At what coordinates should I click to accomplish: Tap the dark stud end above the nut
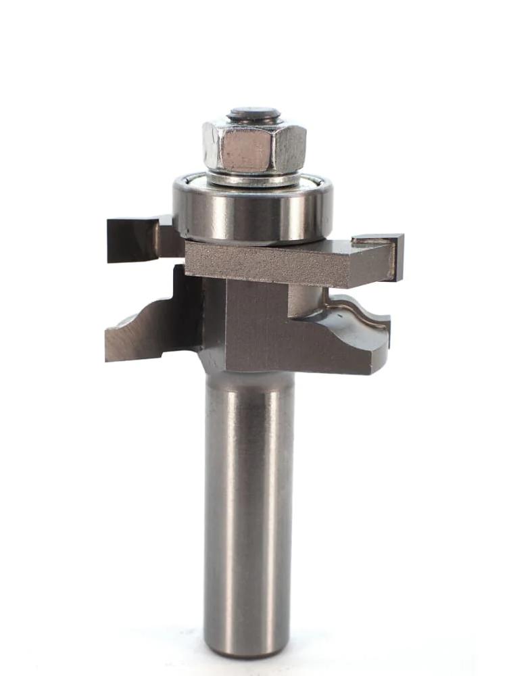254,114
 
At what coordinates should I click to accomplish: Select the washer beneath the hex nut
254,178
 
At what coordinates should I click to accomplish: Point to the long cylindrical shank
249,507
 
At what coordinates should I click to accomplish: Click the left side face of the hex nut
211,147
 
